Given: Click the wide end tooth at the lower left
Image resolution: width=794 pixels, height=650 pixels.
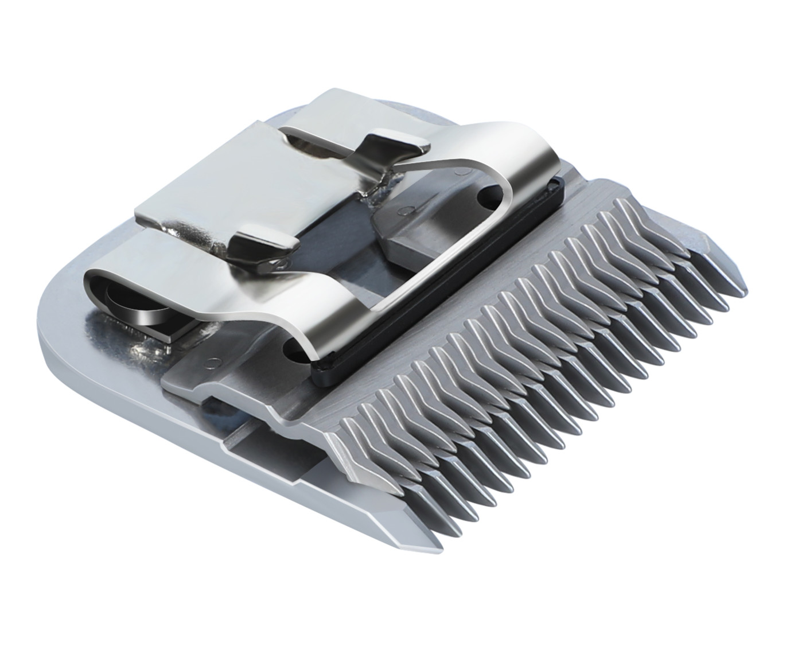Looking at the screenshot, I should (396, 519).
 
